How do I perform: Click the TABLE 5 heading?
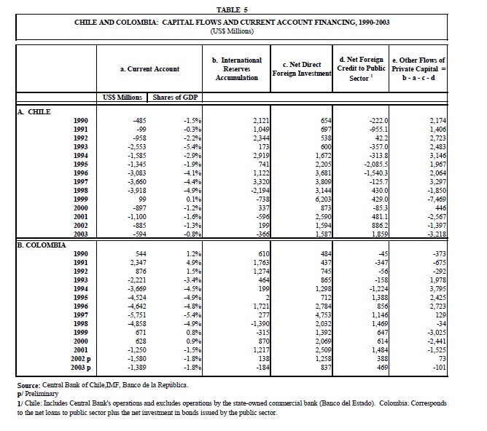click(x=233, y=9)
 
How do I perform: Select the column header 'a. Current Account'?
click(x=149, y=68)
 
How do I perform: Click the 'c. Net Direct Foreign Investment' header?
click(x=301, y=68)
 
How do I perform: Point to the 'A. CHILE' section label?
click(x=35, y=111)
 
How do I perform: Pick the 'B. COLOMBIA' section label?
click(x=42, y=245)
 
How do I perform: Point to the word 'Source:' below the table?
click(x=31, y=384)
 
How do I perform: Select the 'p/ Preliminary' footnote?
click(x=39, y=392)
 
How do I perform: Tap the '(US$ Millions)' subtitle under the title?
click(x=232, y=31)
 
